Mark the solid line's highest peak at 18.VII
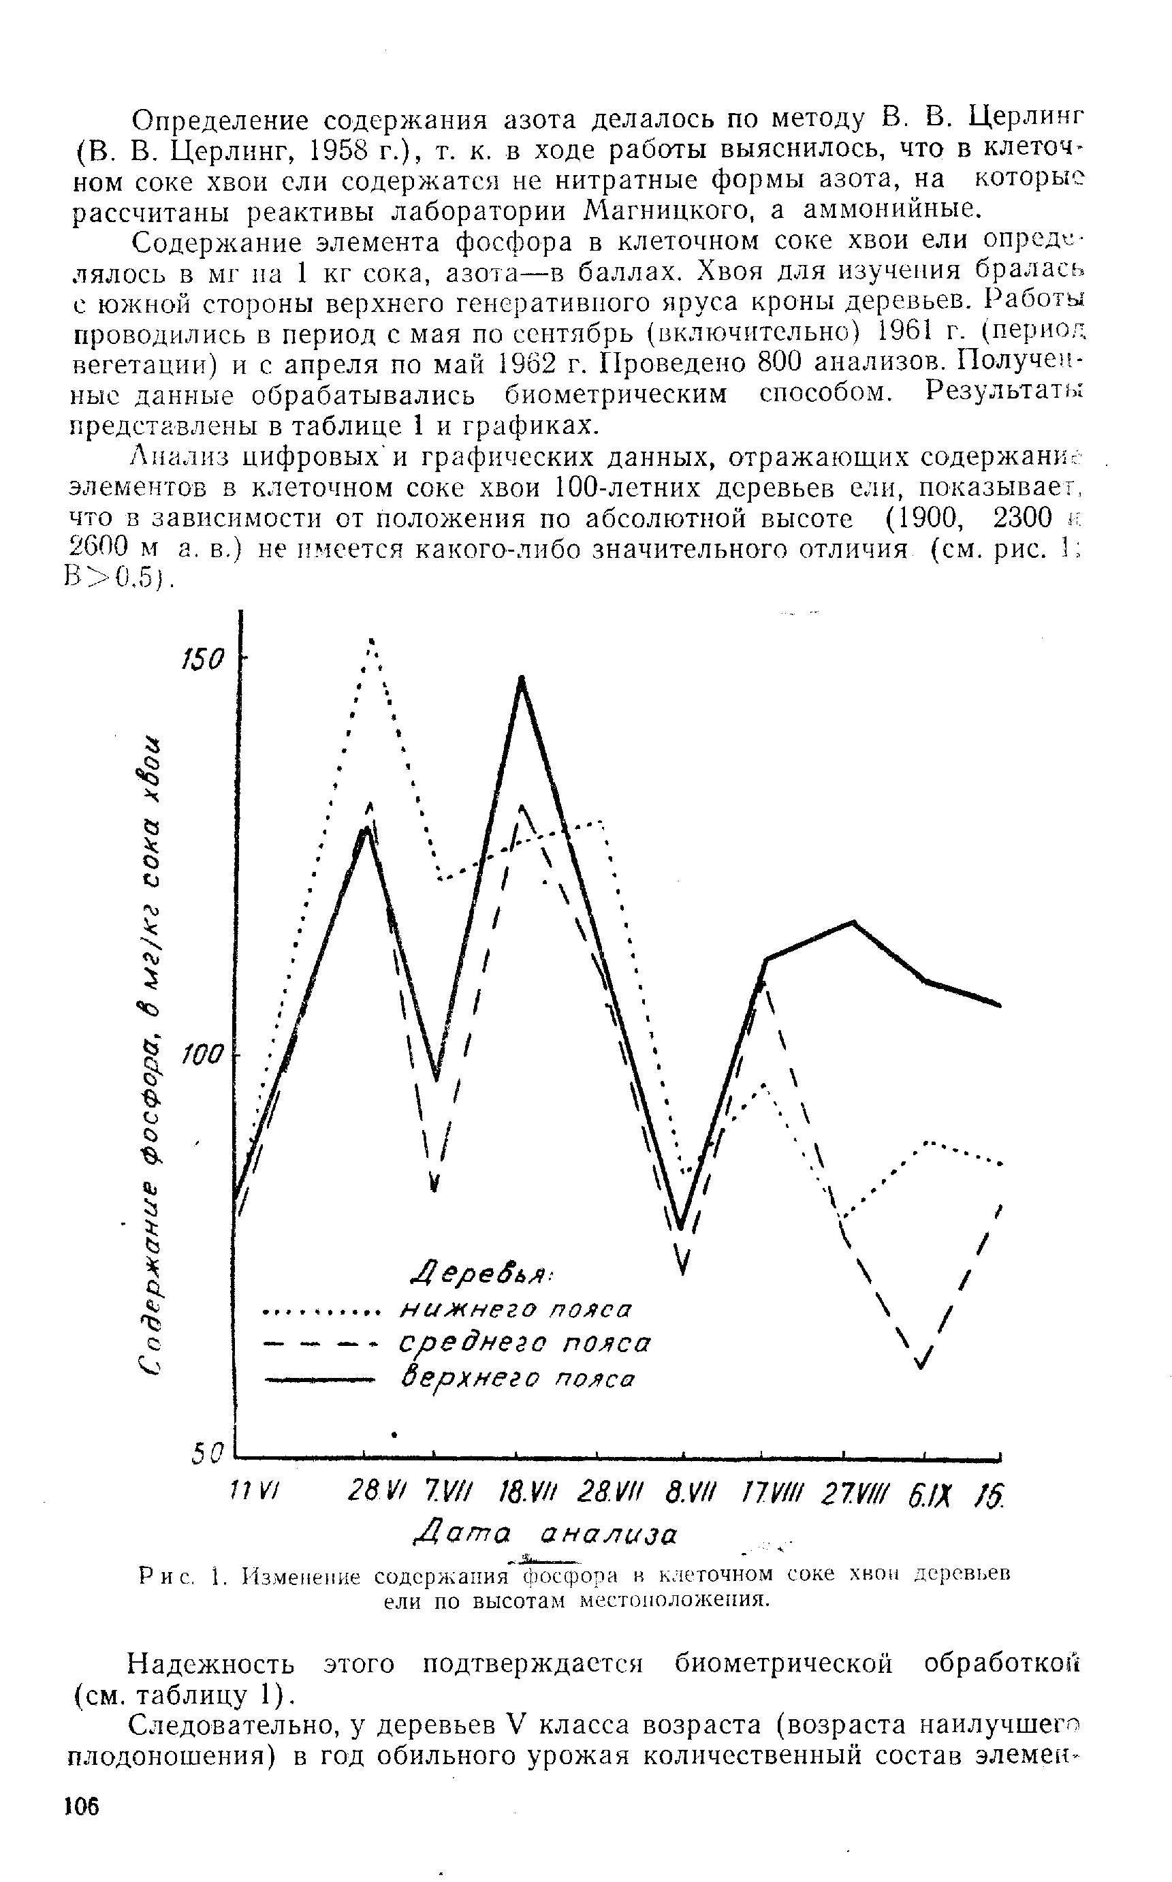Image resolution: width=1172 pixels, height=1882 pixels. [x=522, y=680]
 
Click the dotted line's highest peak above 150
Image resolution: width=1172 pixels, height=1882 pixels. [x=372, y=641]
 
